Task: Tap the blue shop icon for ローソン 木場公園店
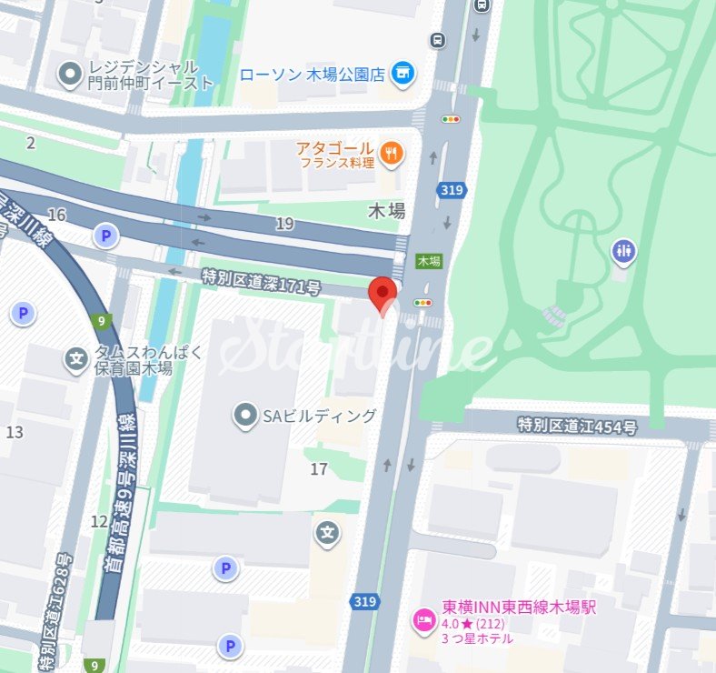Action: [x=404, y=73]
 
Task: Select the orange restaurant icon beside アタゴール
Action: [x=393, y=155]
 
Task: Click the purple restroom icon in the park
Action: [x=623, y=251]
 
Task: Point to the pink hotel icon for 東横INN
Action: [x=423, y=620]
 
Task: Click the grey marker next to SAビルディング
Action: [x=244, y=417]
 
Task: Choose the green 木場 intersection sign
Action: [x=429, y=261]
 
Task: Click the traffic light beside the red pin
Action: [x=423, y=303]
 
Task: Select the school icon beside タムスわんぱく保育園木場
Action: [x=77, y=360]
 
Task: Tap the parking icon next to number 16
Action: [x=106, y=237]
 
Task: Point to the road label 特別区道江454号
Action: [x=577, y=425]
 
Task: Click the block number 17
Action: [x=318, y=469]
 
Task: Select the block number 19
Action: [x=284, y=224]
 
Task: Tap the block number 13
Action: [x=15, y=432]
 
